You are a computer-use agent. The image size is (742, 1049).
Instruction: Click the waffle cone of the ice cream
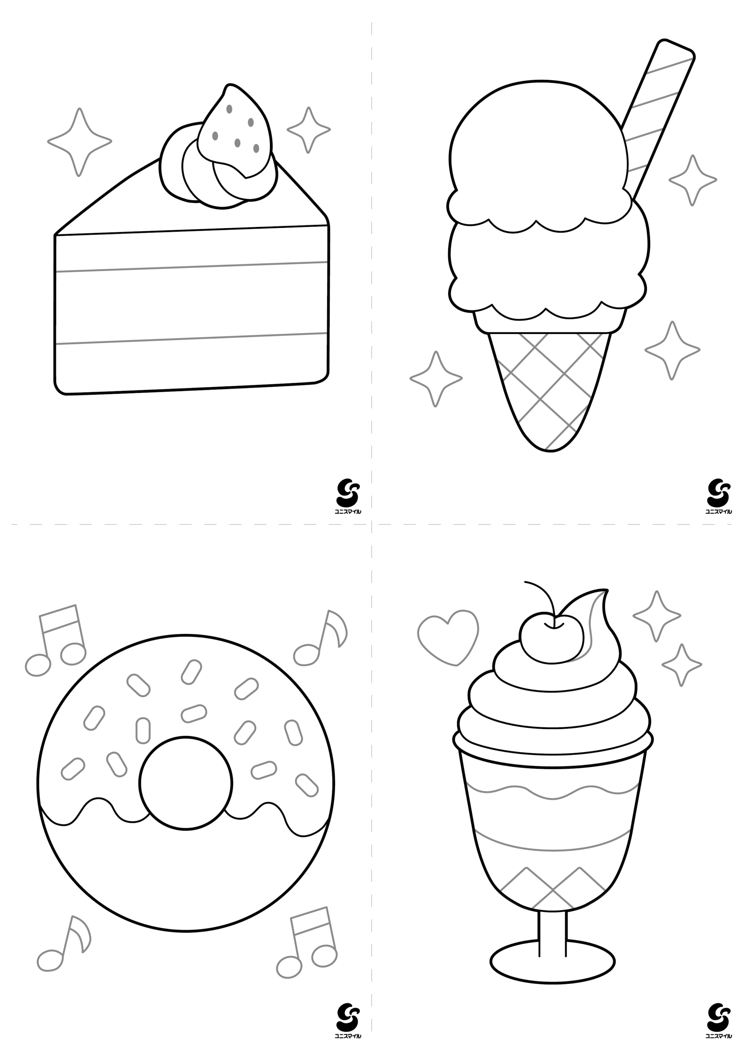(550, 388)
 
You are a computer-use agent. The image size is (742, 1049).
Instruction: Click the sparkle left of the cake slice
(79, 142)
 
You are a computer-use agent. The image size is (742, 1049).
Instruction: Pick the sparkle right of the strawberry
(309, 130)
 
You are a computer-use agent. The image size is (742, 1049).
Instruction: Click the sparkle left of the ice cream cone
(436, 379)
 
